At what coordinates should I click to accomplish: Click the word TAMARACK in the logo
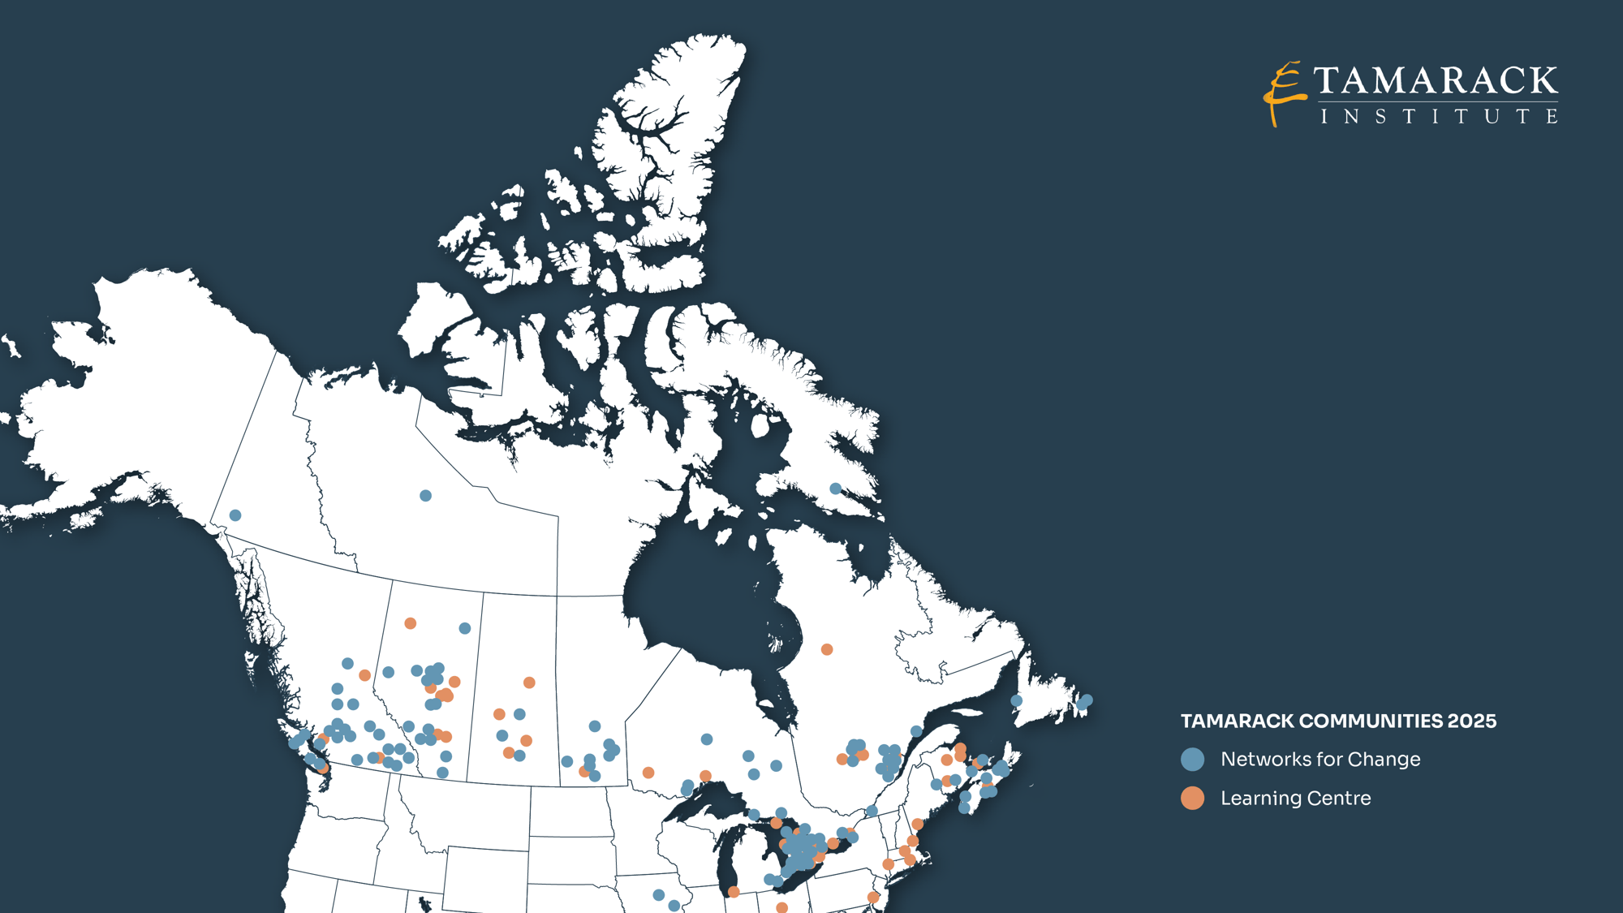point(1435,80)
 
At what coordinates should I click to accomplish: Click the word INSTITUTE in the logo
point(1438,117)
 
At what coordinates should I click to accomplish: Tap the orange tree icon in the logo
point(1283,93)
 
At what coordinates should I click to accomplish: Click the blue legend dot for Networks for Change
point(1192,760)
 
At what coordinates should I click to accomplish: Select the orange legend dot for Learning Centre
point(1192,799)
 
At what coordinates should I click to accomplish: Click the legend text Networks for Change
point(1320,760)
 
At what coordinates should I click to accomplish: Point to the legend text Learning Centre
point(1295,799)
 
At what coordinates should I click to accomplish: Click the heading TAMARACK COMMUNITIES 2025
point(1338,721)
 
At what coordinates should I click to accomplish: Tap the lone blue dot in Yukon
point(235,515)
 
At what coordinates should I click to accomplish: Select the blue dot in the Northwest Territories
point(425,496)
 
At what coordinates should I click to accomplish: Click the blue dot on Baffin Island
point(835,489)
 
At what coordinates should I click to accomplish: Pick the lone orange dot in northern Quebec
point(827,649)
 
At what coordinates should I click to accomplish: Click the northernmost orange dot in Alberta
point(411,623)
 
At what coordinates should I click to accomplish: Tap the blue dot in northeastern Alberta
point(465,628)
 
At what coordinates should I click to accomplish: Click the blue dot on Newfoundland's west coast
point(1016,700)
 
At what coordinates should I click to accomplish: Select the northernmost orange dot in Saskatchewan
point(529,683)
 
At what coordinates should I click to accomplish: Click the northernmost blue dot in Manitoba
point(595,726)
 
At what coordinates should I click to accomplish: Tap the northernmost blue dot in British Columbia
point(347,664)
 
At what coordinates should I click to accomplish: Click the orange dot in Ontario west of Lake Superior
point(648,773)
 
